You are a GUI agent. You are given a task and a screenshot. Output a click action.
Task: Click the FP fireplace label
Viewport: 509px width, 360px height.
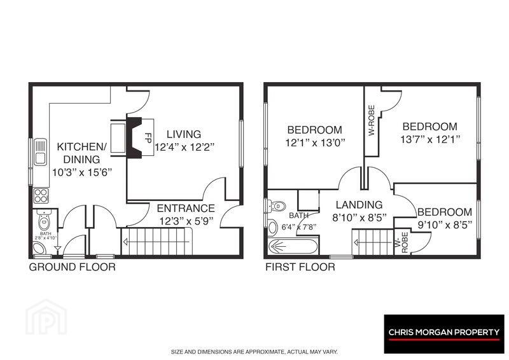click(148, 138)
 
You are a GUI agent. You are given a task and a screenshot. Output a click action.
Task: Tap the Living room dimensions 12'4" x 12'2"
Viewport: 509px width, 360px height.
click(185, 147)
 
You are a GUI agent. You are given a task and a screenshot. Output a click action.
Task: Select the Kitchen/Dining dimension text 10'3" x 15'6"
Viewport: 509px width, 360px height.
click(82, 172)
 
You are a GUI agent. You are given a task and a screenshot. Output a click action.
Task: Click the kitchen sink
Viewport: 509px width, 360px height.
click(41, 151)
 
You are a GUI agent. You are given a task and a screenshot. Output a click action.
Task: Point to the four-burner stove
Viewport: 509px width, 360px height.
click(41, 196)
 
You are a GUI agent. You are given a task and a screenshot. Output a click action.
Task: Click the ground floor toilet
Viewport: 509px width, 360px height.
click(43, 220)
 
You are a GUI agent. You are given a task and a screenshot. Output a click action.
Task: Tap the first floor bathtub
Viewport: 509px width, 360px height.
click(293, 247)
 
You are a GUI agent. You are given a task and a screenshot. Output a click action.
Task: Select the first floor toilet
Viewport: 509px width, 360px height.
click(276, 206)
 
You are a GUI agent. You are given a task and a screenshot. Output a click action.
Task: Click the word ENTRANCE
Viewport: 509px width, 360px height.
click(186, 208)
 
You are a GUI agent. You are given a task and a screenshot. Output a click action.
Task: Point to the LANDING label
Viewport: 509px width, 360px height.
click(359, 205)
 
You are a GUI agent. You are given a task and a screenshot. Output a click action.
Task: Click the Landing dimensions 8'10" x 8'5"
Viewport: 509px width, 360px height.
click(359, 218)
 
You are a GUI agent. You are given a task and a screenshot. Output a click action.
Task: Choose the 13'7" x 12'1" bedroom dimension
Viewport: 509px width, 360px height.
click(430, 139)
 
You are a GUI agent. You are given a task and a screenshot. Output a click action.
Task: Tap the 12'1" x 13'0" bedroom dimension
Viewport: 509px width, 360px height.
click(315, 142)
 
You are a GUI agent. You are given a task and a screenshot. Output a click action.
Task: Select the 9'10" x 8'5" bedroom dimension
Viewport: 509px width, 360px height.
click(445, 225)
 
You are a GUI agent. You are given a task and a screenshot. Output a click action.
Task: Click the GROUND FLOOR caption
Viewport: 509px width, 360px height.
click(72, 267)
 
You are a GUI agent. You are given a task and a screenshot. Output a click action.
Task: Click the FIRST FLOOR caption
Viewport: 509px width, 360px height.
click(300, 267)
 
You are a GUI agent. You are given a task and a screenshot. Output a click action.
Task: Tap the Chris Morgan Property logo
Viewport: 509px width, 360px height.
click(444, 334)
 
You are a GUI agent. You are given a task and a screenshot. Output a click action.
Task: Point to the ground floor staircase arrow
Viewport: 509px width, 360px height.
click(156, 242)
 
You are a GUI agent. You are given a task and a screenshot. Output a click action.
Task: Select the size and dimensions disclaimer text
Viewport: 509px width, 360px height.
click(254, 352)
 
